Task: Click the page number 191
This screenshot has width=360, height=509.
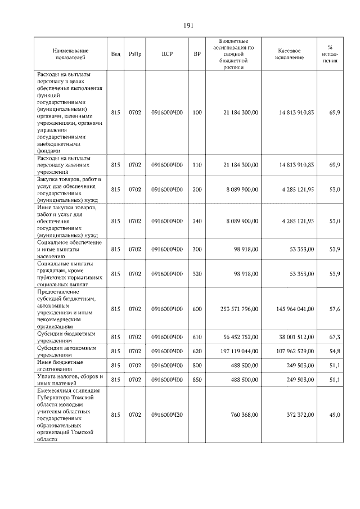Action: pos(188,26)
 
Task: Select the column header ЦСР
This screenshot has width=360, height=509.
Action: pos(167,54)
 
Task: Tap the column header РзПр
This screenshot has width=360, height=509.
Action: pos(135,54)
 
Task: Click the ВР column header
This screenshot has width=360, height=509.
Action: pos(197,54)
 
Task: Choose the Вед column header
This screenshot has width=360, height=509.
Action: pos(116,54)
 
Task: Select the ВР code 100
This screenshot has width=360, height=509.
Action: pos(197,113)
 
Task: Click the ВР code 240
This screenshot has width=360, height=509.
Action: pos(197,221)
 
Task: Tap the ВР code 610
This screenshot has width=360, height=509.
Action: pos(197,337)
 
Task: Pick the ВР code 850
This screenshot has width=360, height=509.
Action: pos(197,380)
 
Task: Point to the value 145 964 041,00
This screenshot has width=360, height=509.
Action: pos(294,309)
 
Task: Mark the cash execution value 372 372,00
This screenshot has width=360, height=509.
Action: pos(298,415)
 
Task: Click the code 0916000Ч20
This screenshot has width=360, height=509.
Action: pos(167,415)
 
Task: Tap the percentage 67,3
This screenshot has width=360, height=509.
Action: pos(334,337)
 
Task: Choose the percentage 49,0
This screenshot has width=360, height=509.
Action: pos(334,415)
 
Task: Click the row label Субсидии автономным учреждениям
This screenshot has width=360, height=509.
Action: pos(66,351)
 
